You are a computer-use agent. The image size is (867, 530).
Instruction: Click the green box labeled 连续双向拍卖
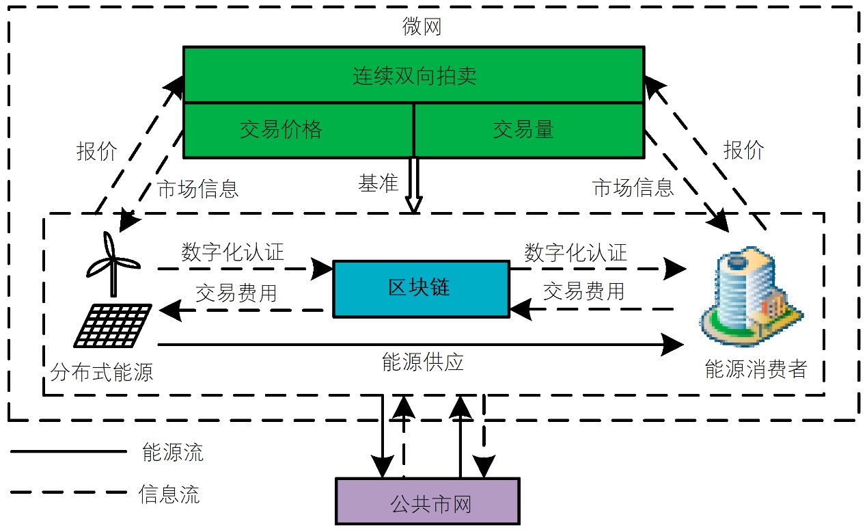tap(413, 75)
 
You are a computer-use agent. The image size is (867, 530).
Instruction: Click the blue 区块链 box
tap(421, 288)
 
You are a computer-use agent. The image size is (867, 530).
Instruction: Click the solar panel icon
tap(113, 325)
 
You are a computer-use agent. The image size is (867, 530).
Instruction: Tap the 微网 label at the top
tap(421, 27)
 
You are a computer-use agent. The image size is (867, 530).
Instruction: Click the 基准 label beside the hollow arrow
tap(378, 184)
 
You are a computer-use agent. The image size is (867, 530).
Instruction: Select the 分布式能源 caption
tap(102, 372)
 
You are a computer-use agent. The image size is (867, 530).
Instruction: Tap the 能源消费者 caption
tap(756, 370)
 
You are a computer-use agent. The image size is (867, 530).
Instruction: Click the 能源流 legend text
tap(172, 452)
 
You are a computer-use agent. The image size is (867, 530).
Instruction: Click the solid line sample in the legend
tap(68, 452)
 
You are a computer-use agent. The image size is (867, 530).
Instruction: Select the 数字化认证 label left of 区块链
tap(232, 252)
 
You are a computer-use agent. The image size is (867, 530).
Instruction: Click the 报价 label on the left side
tap(96, 151)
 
